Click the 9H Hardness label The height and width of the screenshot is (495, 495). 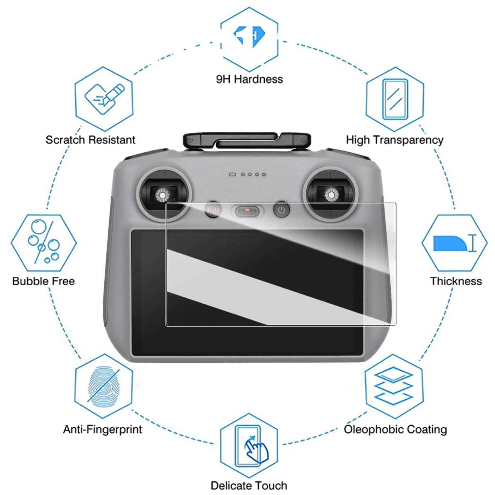(x=249, y=79)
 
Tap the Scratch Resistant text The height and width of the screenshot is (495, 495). (x=90, y=140)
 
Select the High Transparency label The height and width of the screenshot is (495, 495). (x=395, y=140)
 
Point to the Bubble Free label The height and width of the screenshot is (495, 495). (x=44, y=281)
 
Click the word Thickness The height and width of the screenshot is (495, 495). (x=456, y=281)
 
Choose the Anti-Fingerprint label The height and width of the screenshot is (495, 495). (x=103, y=429)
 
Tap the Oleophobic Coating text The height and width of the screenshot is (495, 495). (x=395, y=429)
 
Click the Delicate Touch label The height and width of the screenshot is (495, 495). (x=249, y=485)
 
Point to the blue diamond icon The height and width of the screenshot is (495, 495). (x=249, y=36)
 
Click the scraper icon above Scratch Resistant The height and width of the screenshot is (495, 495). (x=104, y=99)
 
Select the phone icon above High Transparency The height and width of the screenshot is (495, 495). (x=395, y=99)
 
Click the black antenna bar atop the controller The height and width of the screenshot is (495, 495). (x=247, y=141)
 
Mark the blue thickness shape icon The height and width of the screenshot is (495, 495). (x=450, y=243)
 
